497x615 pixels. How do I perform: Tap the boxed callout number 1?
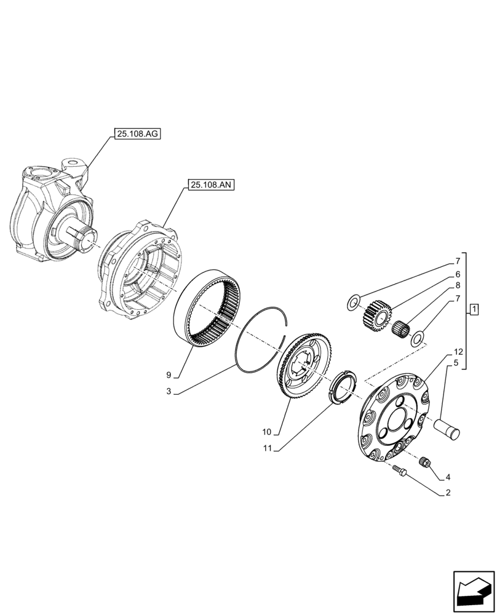pos(474,309)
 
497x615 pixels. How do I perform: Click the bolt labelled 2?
pos(399,470)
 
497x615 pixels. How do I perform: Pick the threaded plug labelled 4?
pos(423,461)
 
